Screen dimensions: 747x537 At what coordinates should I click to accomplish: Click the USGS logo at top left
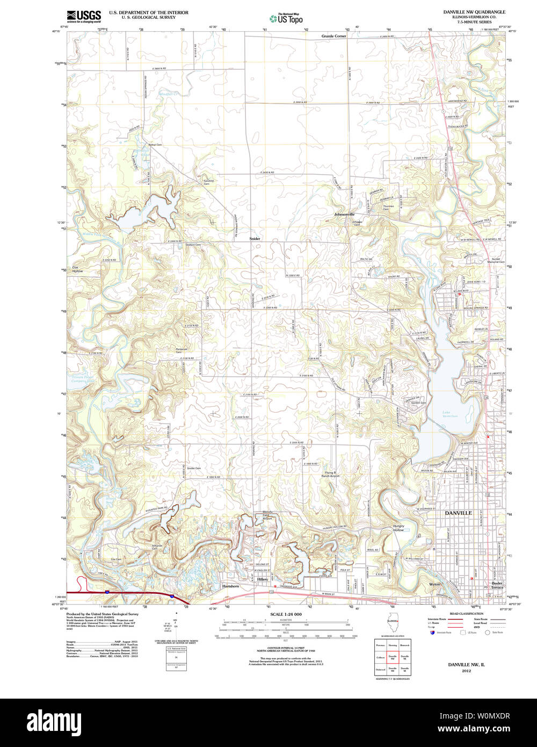83,16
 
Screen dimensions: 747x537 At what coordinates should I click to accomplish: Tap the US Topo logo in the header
286,18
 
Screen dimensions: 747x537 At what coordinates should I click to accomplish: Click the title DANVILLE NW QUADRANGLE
474,12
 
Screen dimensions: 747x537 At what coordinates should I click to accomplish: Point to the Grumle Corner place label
333,36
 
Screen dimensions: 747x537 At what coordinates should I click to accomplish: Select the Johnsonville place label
344,214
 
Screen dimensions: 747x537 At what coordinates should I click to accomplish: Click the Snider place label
255,238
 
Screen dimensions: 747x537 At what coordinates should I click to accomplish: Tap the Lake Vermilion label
450,414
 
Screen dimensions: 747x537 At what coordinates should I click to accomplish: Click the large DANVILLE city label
458,513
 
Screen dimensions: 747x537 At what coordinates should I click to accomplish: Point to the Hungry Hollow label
398,528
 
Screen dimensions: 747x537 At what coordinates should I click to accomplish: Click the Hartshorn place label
230,586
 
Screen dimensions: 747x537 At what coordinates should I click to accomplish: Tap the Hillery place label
262,579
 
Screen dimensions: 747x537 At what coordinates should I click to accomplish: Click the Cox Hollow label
78,270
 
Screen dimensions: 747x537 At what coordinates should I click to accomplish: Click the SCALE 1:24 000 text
286,614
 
